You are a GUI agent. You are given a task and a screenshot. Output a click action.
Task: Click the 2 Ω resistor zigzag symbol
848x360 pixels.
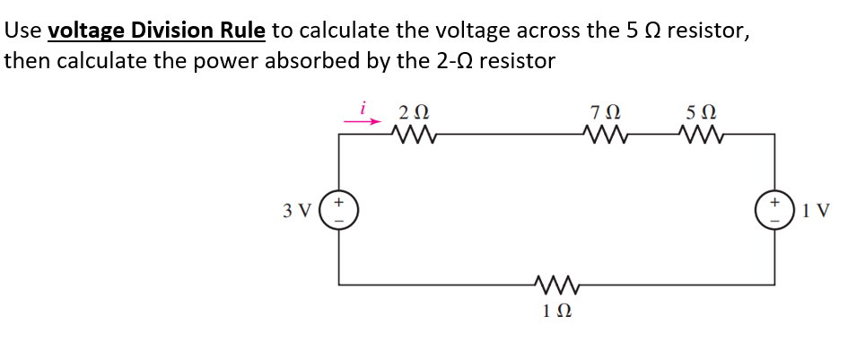click(414, 136)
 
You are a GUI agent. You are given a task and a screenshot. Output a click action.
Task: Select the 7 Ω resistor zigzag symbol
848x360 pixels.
click(601, 136)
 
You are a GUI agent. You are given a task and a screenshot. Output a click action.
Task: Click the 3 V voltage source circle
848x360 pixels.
click(339, 211)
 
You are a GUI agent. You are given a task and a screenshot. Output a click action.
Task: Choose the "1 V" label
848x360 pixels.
click(818, 212)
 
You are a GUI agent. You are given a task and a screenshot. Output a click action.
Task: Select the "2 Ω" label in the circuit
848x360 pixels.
click(414, 113)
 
